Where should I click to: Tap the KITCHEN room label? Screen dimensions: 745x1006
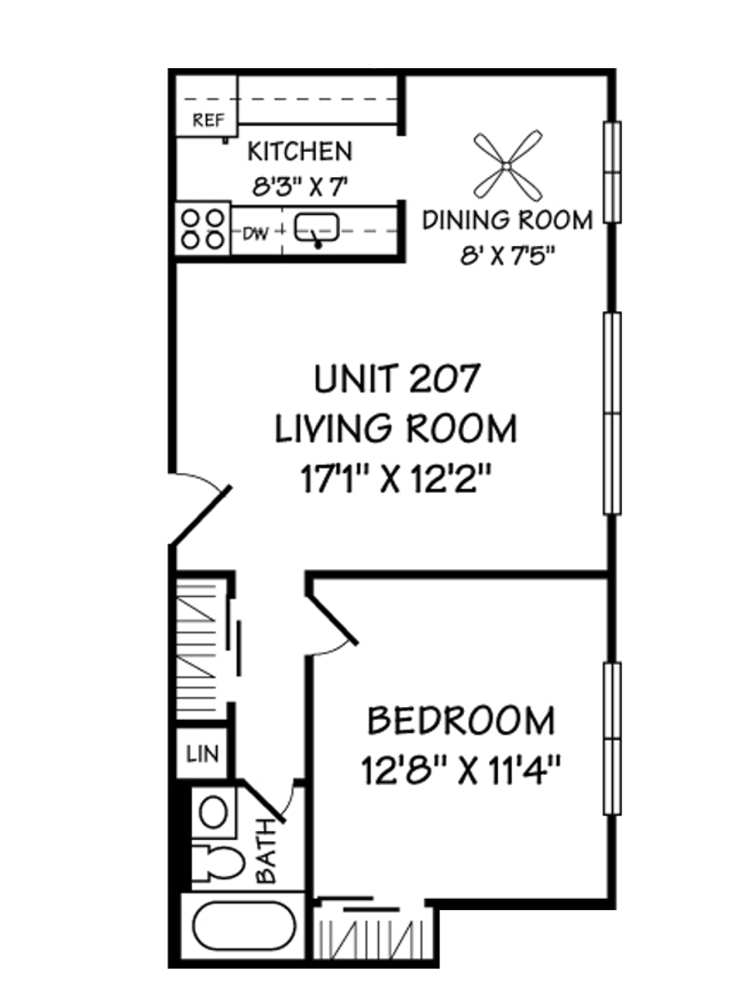coord(300,152)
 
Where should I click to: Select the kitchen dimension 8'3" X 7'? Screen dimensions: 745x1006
coord(300,186)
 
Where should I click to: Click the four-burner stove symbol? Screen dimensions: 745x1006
coord(203,229)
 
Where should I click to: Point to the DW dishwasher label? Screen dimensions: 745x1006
coord(256,233)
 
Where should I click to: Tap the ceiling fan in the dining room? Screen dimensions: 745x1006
coord(508,166)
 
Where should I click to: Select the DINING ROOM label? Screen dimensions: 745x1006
coord(507,220)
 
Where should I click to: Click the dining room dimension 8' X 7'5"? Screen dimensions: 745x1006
coord(507,255)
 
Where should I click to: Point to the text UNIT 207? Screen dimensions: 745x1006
coord(397,378)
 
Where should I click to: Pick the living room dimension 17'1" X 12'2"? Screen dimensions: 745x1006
coord(396,479)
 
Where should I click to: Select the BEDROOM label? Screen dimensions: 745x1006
coord(461,720)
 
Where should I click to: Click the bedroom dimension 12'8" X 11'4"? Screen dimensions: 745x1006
coord(461,770)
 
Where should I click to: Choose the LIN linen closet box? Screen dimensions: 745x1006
coord(201,754)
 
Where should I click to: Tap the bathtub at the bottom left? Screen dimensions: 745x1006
coord(245,925)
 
